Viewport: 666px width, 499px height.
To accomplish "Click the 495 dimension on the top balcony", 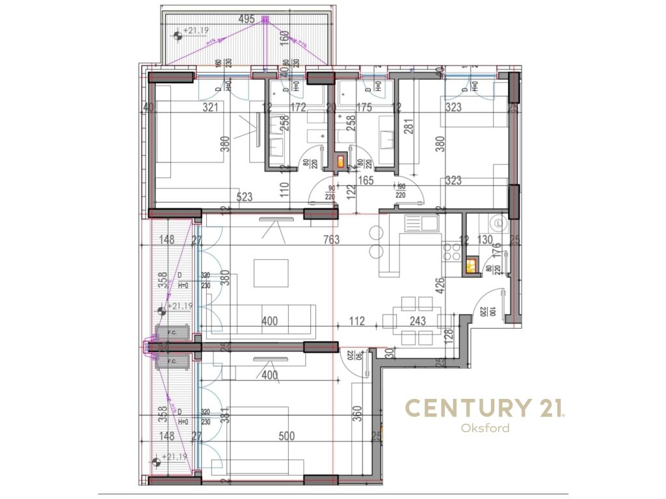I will click(246, 19).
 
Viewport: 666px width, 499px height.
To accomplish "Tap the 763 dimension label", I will click(331, 240).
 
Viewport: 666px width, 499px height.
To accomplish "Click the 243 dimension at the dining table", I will click(418, 320).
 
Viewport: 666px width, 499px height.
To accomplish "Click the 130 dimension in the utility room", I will click(486, 240).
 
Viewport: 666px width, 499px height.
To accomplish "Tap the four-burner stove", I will click(451, 252).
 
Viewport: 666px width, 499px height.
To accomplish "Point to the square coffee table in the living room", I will click(271, 273).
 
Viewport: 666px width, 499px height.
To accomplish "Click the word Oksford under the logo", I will click(485, 428).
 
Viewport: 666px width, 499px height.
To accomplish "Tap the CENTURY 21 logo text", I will click(485, 408).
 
